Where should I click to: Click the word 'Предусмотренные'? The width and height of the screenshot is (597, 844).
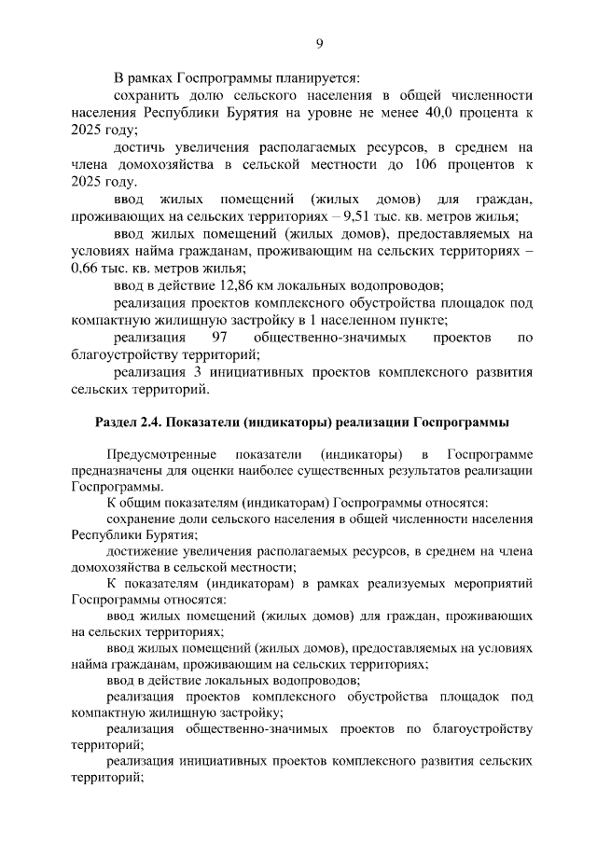point(152,454)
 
